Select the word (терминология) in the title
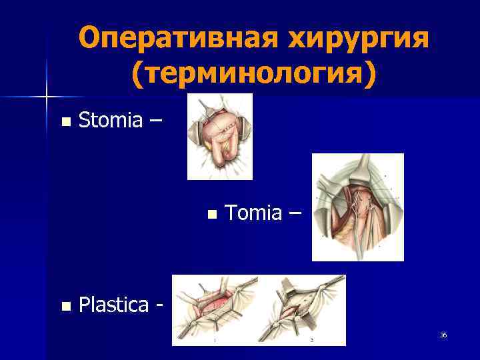[253, 74]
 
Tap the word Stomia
[110, 121]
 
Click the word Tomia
[253, 213]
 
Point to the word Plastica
[113, 305]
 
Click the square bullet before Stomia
[65, 122]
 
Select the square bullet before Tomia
[212, 215]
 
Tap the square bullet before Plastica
[65, 307]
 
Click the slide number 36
[443, 335]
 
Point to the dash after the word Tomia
[295, 214]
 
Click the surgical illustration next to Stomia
[219, 137]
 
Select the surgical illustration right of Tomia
[358, 207]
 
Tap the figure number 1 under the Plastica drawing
[214, 340]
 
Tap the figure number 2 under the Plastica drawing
[311, 340]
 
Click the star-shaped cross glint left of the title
[47, 97]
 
